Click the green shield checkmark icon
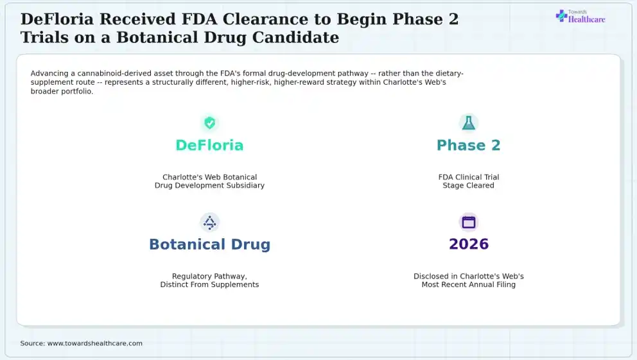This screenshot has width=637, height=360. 209,123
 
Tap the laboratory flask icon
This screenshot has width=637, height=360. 468,123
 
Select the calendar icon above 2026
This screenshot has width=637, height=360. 468,222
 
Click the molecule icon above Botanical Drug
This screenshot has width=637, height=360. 209,223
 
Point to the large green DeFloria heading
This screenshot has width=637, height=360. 209,145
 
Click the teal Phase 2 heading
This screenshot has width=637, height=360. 468,145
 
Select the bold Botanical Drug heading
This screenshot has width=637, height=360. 209,244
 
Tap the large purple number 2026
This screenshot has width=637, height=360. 469,244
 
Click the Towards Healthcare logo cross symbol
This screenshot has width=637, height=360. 561,16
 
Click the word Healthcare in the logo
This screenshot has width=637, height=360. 587,19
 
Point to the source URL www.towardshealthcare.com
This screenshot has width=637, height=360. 95,343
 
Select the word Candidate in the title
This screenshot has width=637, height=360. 296,37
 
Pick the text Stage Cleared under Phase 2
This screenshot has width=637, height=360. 468,185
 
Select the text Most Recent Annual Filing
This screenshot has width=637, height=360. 468,284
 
